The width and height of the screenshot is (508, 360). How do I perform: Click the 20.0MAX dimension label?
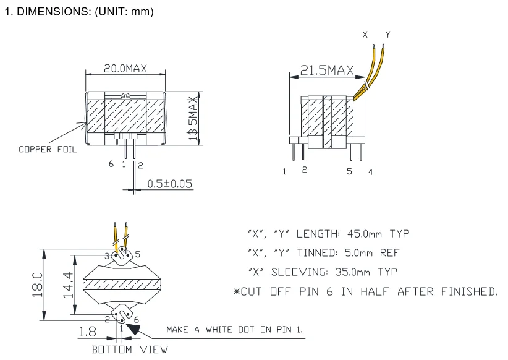pos(125,69)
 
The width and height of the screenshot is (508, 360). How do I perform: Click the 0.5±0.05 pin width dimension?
pos(168,184)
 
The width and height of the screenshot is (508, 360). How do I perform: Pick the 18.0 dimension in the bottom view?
pos(36,285)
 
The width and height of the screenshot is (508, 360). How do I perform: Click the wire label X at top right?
pos(365,35)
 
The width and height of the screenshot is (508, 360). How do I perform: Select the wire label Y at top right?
pos(387,35)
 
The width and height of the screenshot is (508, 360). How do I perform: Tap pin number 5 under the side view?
pos(349,171)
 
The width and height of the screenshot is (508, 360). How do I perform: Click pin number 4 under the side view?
pos(370,171)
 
